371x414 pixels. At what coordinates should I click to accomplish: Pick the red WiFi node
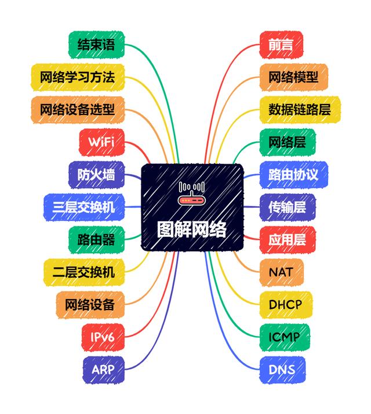(101, 142)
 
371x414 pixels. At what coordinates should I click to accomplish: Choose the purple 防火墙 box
(96, 174)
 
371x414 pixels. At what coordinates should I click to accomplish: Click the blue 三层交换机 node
(83, 206)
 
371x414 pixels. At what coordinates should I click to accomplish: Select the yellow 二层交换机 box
(83, 271)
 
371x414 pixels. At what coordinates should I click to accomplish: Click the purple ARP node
(104, 369)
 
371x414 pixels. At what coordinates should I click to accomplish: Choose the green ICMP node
(284, 336)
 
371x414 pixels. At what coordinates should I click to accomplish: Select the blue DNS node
(282, 369)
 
